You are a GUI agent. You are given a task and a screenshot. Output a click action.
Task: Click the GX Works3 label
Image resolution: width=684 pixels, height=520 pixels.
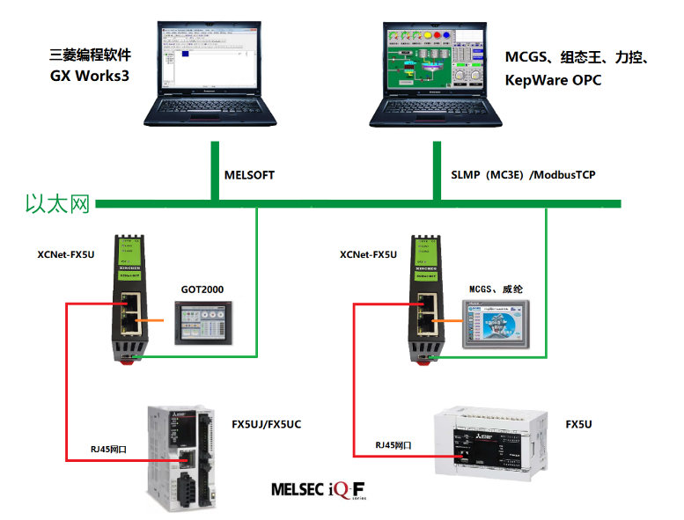90,76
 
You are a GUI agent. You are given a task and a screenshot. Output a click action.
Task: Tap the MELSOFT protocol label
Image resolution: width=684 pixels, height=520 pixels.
250,175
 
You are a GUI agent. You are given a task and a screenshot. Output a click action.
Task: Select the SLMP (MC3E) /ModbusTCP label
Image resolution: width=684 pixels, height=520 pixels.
517,175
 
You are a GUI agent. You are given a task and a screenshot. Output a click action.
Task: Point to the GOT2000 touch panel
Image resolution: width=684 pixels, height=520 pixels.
203,322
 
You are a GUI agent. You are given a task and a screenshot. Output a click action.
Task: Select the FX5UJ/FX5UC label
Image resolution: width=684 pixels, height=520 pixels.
266,424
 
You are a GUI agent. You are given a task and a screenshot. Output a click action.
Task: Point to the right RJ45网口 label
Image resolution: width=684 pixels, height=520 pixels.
393,445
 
